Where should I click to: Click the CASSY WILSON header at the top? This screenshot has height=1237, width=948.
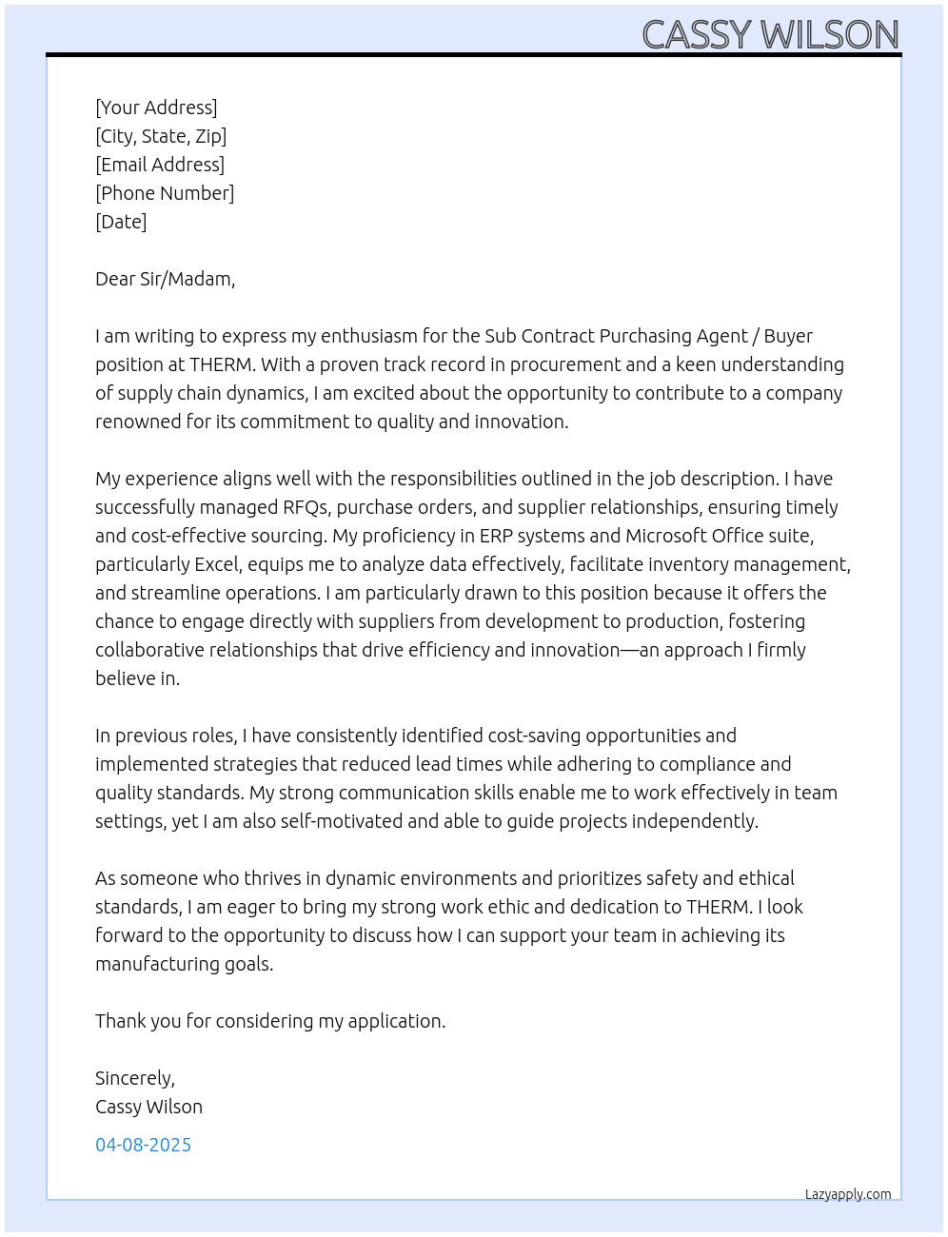(770, 35)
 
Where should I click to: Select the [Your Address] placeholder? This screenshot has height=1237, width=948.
(156, 108)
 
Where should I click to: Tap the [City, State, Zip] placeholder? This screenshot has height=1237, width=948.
(161, 136)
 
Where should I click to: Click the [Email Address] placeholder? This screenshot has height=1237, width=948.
(160, 165)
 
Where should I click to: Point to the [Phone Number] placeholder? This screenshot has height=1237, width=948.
(165, 193)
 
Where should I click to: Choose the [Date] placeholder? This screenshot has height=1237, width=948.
(121, 222)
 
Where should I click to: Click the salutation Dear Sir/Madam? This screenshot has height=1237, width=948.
(165, 279)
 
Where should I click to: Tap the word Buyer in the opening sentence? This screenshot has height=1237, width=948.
(788, 336)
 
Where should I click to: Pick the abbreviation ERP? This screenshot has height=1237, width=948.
(495, 536)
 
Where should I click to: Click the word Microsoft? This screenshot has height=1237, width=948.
(665, 536)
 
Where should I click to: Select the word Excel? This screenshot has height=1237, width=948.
(217, 564)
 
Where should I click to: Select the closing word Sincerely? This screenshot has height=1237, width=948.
(134, 1078)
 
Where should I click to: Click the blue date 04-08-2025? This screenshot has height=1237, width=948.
(143, 1145)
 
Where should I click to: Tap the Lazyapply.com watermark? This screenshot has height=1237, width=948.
(848, 1194)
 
